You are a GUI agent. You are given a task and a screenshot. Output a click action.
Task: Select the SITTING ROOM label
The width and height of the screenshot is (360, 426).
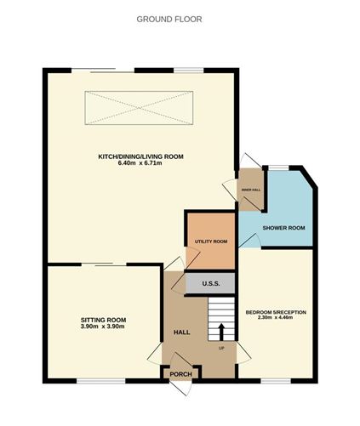pyautogui.click(x=103, y=320)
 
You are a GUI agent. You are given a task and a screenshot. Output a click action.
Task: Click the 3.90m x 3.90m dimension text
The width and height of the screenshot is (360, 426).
pyautogui.click(x=103, y=327)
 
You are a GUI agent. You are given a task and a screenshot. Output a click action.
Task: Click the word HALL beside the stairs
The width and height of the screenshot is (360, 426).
pyautogui.click(x=181, y=332)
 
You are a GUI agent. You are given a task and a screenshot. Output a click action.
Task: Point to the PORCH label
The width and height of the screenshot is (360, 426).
pyautogui.click(x=180, y=373)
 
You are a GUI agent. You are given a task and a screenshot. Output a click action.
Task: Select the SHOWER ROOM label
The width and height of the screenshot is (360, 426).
pyautogui.click(x=283, y=228)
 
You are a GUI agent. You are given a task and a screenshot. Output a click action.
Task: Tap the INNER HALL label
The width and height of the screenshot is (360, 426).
pyautogui.click(x=251, y=190)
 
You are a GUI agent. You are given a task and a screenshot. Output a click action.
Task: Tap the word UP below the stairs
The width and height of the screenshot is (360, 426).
pyautogui.click(x=222, y=347)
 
